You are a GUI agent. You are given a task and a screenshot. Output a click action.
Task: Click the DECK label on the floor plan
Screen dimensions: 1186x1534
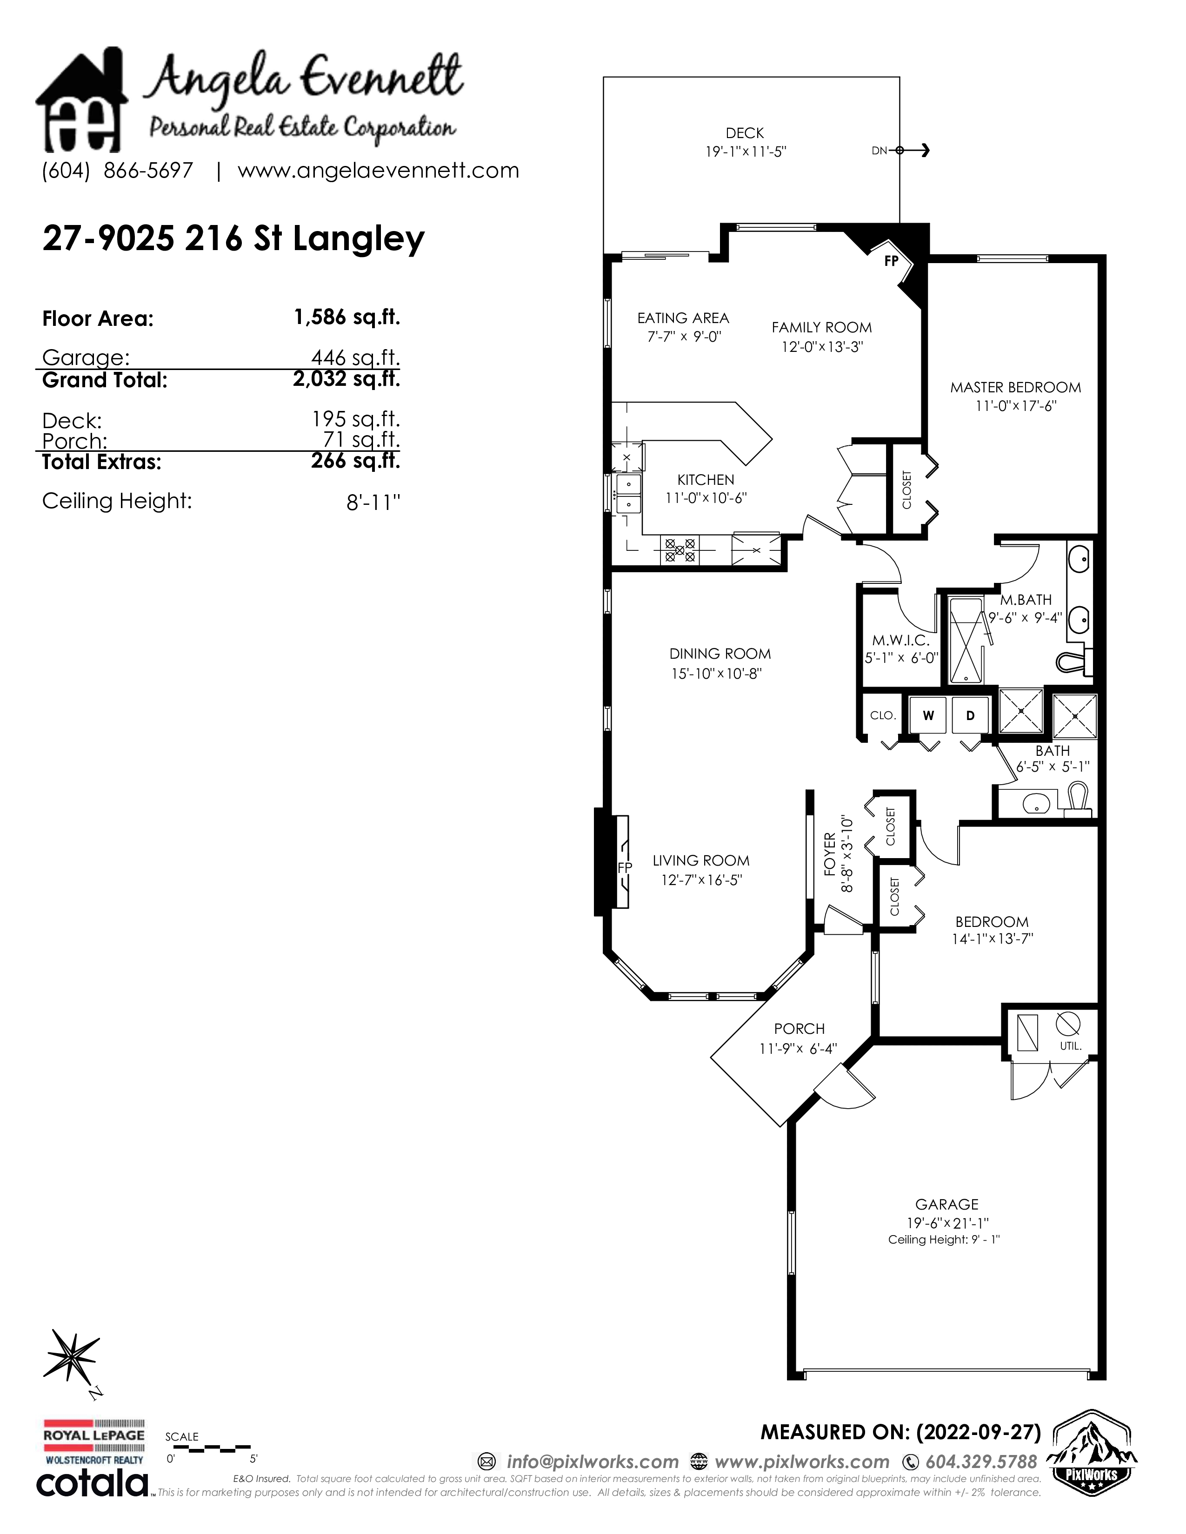[x=744, y=133]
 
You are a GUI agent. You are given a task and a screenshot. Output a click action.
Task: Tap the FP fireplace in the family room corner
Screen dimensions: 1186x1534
[x=891, y=261]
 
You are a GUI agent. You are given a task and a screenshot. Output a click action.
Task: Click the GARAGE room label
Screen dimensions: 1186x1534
[x=946, y=1204]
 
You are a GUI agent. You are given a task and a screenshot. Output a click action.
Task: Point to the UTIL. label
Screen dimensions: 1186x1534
[x=1071, y=1046]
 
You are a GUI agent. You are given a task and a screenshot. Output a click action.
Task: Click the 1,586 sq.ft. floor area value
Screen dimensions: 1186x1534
[x=346, y=317]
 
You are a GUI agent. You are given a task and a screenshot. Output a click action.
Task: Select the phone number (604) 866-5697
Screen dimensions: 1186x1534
[x=117, y=170]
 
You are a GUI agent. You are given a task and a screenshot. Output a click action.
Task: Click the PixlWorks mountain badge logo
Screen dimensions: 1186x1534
[x=1093, y=1451]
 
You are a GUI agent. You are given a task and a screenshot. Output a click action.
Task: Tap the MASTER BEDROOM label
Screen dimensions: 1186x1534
[x=1015, y=387]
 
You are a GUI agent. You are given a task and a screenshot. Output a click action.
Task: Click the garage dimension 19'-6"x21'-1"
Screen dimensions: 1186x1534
[x=947, y=1223]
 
